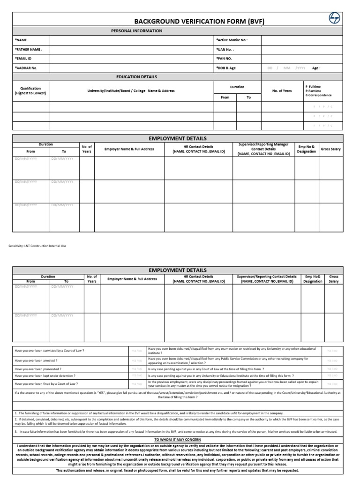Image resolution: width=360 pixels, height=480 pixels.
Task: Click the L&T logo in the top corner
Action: click(x=335, y=18)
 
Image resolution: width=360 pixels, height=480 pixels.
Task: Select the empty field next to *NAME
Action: click(x=131, y=40)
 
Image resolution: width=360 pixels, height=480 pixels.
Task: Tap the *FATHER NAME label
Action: click(x=29, y=49)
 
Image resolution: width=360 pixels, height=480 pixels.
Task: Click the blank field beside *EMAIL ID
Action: click(x=131, y=59)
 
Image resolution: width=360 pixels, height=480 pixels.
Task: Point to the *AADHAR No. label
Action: click(x=26, y=68)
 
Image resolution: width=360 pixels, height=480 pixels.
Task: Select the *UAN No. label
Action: click(x=225, y=49)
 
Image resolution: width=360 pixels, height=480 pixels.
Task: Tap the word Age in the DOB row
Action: click(x=316, y=68)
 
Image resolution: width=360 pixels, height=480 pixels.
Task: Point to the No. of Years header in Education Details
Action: click(x=282, y=91)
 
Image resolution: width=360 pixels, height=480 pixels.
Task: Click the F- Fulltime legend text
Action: click(x=313, y=87)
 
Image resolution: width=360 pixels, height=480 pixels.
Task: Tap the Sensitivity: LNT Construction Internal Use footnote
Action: click(x=37, y=246)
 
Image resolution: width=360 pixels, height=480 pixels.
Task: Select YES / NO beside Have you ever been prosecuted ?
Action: click(x=137, y=368)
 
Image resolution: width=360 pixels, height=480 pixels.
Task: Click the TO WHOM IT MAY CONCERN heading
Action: click(x=177, y=439)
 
